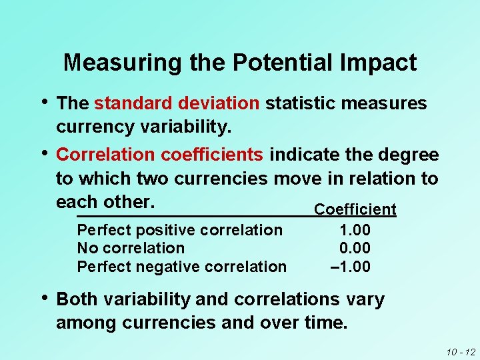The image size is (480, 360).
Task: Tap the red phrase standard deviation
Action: (x=177, y=103)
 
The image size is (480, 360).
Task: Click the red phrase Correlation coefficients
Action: (x=160, y=155)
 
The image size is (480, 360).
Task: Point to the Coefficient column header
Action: (x=355, y=209)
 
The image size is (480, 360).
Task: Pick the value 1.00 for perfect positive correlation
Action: (x=355, y=230)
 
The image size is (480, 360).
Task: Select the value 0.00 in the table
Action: (x=355, y=248)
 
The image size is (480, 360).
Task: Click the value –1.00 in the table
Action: (x=351, y=267)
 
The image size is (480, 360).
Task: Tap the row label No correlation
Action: (x=131, y=248)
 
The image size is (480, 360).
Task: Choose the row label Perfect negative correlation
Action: (x=182, y=267)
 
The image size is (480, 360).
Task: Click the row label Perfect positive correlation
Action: (x=180, y=230)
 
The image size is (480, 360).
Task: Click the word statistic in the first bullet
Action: (x=297, y=103)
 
